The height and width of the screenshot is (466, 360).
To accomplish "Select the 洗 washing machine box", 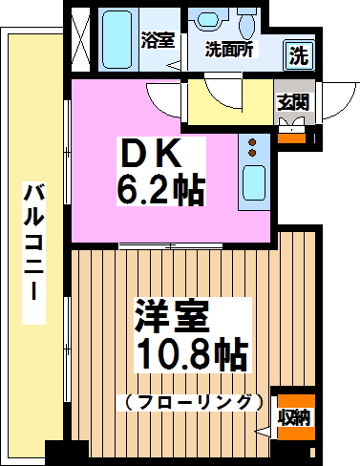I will coord(299,54).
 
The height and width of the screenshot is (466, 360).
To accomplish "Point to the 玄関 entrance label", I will coord(291,102).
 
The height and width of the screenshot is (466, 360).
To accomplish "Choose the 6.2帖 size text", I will coord(159,190).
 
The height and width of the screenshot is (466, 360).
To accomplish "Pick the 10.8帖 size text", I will coord(190,355).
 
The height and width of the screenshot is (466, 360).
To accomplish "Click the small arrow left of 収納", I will coord(265,431).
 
